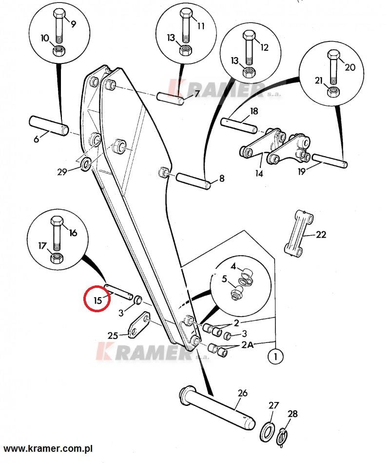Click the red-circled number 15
coord(97,301)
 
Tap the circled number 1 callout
coord(275,357)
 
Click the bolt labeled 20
coord(334,66)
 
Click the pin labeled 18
coord(239,125)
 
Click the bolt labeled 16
coord(57,233)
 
